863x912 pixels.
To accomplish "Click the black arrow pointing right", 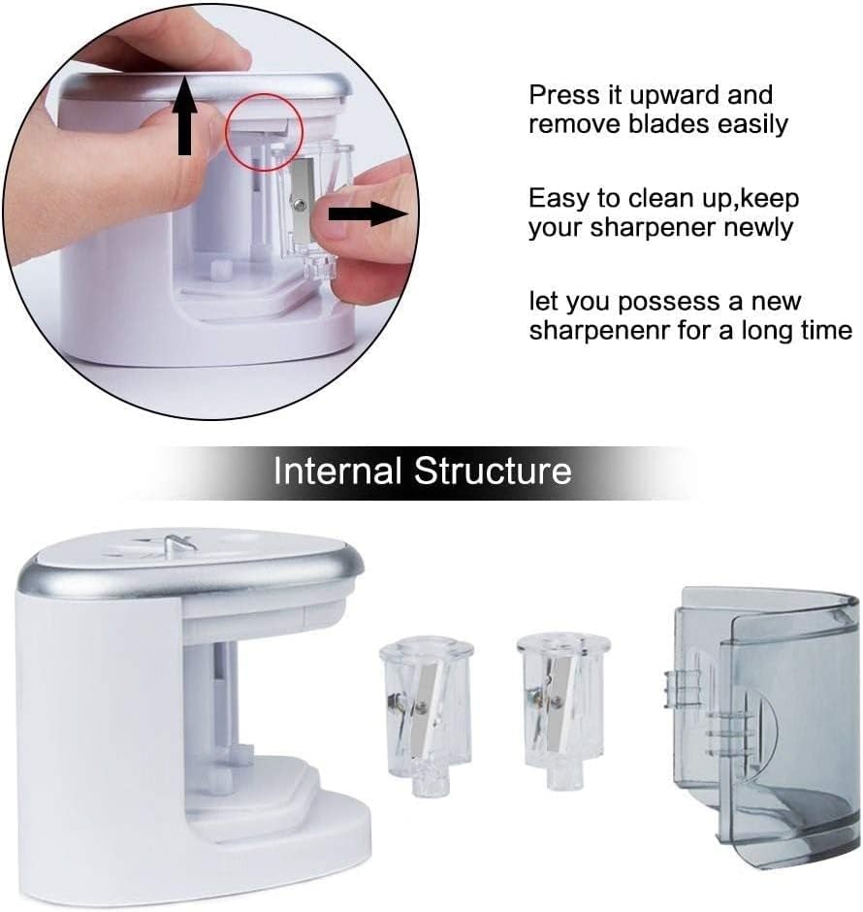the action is [368, 213].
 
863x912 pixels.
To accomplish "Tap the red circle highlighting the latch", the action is [265, 133].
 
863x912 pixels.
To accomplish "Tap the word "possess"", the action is [669, 302].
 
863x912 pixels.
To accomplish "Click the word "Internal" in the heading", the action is [337, 471].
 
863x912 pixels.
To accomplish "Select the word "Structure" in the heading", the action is [493, 471].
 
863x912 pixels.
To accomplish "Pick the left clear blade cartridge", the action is [426, 715].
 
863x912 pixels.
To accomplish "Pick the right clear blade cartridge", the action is [562, 708].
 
